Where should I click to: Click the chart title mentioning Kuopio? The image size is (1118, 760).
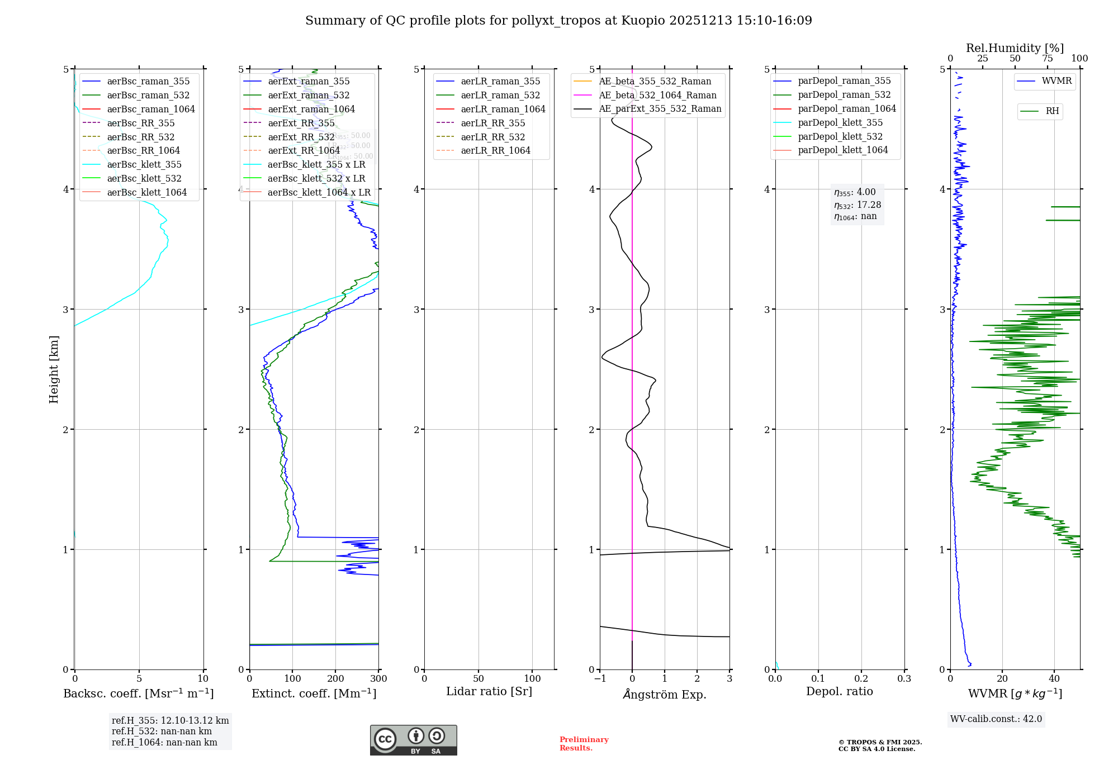tap(558, 21)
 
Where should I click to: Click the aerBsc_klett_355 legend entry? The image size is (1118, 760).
tap(144, 164)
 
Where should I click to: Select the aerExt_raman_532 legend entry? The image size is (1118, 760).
tap(308, 95)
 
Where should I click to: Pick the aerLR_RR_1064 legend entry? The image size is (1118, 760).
tap(495, 150)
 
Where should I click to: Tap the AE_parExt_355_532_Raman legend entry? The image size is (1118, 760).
tap(660, 108)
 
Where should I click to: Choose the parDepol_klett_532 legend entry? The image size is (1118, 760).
tap(840, 136)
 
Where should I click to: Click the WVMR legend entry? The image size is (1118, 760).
tap(1056, 81)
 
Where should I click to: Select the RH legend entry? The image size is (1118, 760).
tap(1051, 111)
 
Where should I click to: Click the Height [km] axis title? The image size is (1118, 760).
tap(54, 369)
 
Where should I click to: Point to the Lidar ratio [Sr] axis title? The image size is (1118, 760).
tap(489, 691)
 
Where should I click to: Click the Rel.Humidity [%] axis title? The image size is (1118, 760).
tap(1015, 48)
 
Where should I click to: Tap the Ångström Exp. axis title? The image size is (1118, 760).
tap(665, 694)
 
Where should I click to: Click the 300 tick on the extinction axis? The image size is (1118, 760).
tap(378, 679)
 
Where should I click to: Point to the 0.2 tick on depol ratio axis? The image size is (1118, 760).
tap(861, 679)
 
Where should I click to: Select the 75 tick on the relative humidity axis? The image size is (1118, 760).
tap(1048, 59)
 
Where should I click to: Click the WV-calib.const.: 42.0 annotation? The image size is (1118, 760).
tap(996, 719)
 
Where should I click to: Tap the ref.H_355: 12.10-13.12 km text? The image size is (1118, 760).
tap(170, 720)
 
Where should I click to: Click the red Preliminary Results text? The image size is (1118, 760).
tap(584, 743)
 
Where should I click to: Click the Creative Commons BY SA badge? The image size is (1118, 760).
tap(413, 740)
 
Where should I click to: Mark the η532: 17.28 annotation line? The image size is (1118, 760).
tap(857, 205)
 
